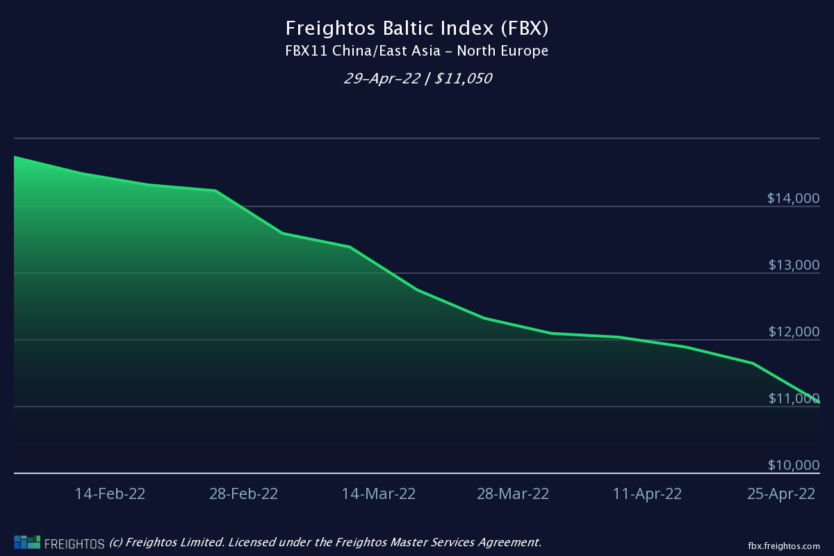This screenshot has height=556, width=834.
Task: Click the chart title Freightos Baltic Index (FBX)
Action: pyautogui.click(x=417, y=28)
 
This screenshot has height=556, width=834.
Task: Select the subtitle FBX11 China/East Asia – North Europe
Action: pyautogui.click(x=417, y=51)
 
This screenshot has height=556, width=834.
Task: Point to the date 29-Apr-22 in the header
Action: pyautogui.click(x=382, y=79)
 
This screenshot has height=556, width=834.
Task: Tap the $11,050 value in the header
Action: pyautogui.click(x=464, y=79)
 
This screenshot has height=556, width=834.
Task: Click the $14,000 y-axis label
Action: pyautogui.click(x=793, y=199)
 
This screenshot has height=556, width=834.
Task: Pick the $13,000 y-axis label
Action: pyautogui.click(x=793, y=265)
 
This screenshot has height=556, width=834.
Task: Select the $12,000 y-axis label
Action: pyautogui.click(x=793, y=332)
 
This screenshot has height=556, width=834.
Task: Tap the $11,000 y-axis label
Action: pyautogui.click(x=793, y=399)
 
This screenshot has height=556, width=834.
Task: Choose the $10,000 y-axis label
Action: pyautogui.click(x=793, y=466)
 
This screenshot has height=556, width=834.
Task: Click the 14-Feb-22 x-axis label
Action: pyautogui.click(x=110, y=494)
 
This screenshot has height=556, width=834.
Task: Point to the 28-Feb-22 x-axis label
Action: pyautogui.click(x=243, y=494)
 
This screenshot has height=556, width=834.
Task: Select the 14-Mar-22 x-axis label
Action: pyautogui.click(x=379, y=494)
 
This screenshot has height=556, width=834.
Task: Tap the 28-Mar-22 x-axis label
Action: pyautogui.click(x=513, y=494)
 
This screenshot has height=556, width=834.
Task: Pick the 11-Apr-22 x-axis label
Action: pyautogui.click(x=647, y=494)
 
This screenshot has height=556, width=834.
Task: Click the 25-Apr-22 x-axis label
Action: pyautogui.click(x=780, y=494)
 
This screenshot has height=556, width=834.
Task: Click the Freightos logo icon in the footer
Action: pyautogui.click(x=27, y=541)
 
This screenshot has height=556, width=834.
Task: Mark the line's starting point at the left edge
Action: pyautogui.click(x=15, y=157)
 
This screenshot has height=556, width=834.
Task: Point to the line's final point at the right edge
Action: pyautogui.click(x=819, y=402)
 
